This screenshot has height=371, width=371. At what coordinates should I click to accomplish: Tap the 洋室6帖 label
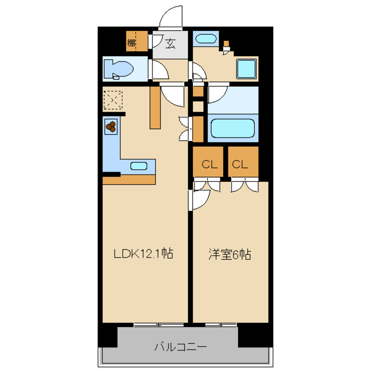point(230,255)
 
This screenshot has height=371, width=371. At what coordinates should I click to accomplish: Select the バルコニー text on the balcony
point(180,348)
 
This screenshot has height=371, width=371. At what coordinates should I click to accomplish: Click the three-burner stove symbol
point(111,127)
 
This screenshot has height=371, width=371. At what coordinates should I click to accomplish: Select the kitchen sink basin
point(139,166)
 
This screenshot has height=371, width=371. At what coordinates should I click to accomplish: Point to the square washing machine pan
point(247,69)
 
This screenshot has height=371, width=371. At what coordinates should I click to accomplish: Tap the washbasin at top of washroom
point(206,39)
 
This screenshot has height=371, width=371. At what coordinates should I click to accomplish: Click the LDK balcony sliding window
point(159,325)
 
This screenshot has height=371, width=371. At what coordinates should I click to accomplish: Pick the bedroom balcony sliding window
point(221,325)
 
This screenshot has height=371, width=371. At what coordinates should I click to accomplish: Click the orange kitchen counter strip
point(128,180)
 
